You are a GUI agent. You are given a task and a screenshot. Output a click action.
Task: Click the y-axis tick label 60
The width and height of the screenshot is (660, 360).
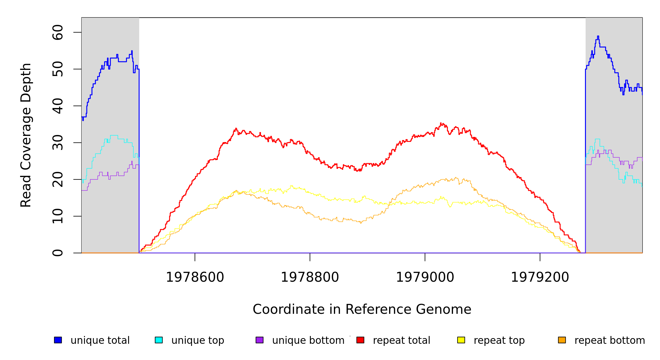tap(58, 32)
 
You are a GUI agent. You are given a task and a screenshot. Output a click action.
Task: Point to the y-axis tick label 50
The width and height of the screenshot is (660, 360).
tap(58, 69)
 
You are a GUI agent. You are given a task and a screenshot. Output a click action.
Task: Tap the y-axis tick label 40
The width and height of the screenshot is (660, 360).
tap(58, 106)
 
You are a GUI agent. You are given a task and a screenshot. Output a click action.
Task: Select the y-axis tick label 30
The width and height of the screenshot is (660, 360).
tap(58, 142)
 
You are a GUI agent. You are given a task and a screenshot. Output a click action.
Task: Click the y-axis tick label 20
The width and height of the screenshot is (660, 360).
tap(58, 179)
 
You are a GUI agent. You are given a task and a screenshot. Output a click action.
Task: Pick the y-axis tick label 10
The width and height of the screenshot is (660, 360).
tap(58, 216)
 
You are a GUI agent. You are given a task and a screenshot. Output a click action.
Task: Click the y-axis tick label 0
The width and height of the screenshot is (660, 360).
tap(58, 253)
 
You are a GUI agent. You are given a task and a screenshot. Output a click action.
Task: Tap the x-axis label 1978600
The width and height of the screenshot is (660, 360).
tap(195, 277)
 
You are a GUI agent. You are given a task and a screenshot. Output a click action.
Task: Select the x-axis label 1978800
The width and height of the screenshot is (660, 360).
tap(310, 277)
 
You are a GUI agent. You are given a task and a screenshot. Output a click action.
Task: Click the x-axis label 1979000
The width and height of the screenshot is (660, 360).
tap(425, 277)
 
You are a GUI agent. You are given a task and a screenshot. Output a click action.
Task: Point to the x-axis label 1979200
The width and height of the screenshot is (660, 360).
tap(540, 277)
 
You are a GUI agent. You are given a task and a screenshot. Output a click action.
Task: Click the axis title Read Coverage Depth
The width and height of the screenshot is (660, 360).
tap(26, 135)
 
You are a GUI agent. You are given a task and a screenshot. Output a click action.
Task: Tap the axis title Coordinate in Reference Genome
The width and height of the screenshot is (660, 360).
tap(362, 309)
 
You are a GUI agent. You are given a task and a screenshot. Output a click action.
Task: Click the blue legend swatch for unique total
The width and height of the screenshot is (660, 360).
tap(58, 340)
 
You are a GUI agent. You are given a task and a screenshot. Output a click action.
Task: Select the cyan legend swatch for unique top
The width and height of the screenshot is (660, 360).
tap(159, 340)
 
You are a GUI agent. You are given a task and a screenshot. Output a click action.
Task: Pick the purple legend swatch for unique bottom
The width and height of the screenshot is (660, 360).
tap(259, 340)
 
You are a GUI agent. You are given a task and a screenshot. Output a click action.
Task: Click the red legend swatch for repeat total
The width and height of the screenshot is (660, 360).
tap(360, 340)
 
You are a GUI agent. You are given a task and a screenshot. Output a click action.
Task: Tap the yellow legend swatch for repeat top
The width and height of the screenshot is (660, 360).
tap(461, 340)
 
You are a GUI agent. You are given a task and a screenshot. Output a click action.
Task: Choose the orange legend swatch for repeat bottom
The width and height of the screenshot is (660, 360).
tap(562, 340)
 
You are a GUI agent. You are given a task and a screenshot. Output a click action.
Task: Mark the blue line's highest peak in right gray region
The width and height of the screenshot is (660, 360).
tap(598, 36)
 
